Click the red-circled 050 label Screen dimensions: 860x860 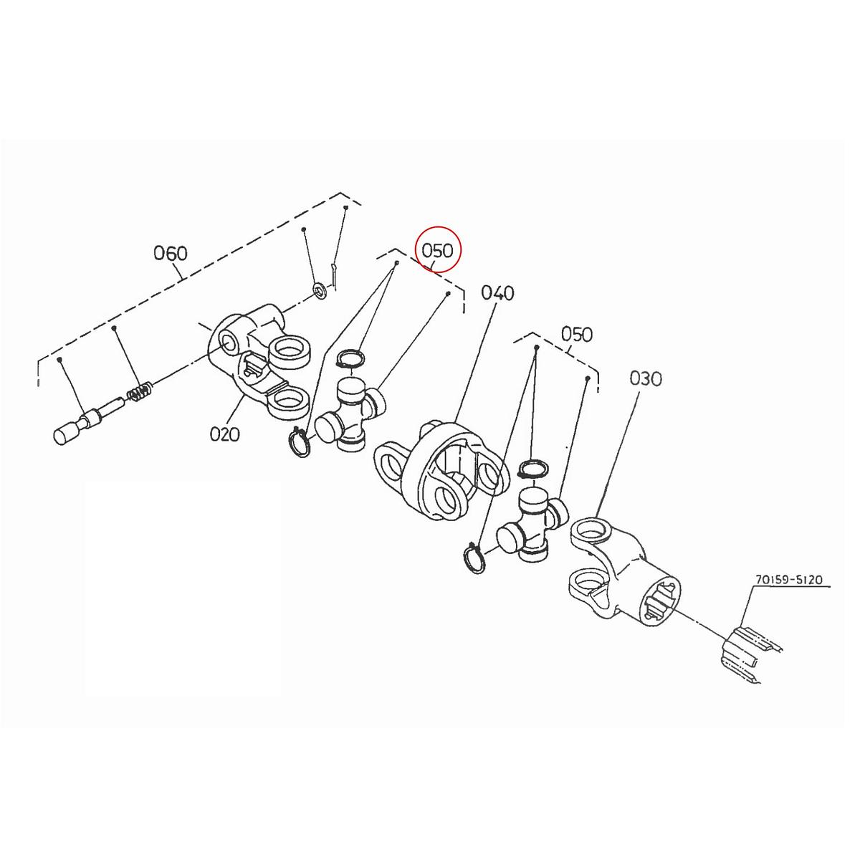click(438, 250)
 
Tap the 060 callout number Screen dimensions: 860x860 click(171, 253)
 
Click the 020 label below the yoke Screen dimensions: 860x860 click(224, 434)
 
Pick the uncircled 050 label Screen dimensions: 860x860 click(577, 334)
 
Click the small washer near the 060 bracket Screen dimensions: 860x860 click(318, 292)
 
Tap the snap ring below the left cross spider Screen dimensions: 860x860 click(300, 441)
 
